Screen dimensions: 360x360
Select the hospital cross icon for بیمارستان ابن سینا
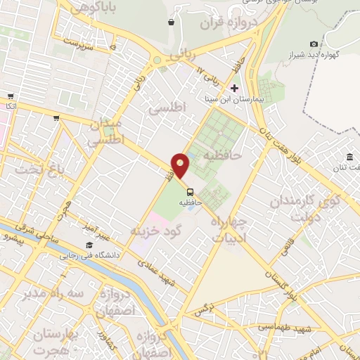coord(234,88)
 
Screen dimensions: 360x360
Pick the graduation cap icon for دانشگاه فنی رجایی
coord(89,245)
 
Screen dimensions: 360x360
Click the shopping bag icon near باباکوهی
coord(172,22)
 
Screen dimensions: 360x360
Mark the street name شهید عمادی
coord(157,271)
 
